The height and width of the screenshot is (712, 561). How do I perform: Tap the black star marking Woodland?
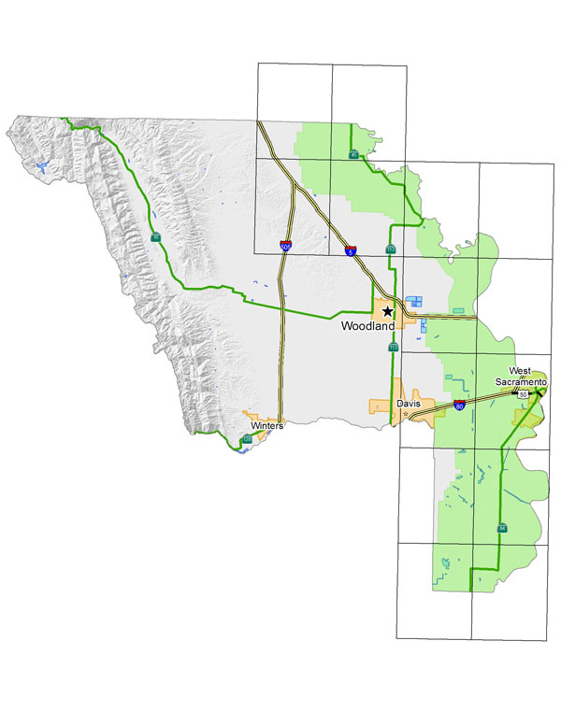click(x=386, y=312)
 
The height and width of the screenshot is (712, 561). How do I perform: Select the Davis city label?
click(x=408, y=404)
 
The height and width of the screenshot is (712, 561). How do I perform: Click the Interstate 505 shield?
click(x=284, y=247)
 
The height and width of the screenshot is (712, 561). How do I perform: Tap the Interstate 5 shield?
click(x=349, y=250)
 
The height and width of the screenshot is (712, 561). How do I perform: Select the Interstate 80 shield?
click(x=459, y=406)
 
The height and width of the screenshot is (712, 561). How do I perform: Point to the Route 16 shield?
click(x=155, y=238)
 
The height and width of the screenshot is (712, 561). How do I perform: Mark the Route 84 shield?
click(x=502, y=528)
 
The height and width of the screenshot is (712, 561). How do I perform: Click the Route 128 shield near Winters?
click(x=247, y=438)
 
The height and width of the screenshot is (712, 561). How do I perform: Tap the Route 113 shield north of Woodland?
click(x=391, y=249)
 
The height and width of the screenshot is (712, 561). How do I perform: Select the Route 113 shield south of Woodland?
click(x=393, y=347)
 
